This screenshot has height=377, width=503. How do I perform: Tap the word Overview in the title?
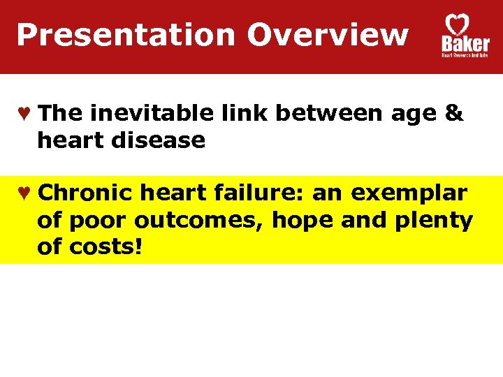point(328,34)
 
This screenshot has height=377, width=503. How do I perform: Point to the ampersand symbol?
point(453,114)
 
